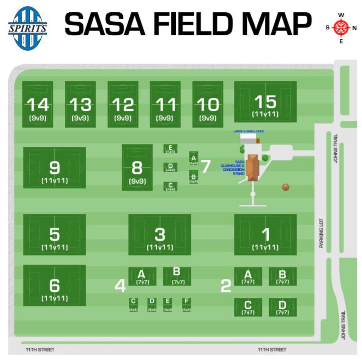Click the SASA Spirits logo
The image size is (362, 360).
(28, 28)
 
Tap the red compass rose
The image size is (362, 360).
(341, 28)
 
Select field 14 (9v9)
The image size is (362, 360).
(37, 104)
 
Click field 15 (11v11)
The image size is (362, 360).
(265, 102)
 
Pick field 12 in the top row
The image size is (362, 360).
(123, 104)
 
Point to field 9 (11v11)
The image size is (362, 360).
(54, 168)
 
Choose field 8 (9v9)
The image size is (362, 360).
(137, 167)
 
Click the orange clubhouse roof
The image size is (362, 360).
(253, 167)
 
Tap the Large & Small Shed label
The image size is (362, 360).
(249, 131)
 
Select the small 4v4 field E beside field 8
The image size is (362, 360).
(170, 149)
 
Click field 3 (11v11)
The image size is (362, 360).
(160, 234)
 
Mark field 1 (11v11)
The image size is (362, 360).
(265, 234)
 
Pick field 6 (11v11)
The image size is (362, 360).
(54, 285)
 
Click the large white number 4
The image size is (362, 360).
(120, 286)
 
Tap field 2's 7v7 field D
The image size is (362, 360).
(282, 307)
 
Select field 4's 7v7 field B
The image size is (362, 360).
(177, 276)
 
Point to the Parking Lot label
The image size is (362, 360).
(321, 233)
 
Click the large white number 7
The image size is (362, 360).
(205, 166)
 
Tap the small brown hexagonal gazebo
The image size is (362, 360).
(286, 187)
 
